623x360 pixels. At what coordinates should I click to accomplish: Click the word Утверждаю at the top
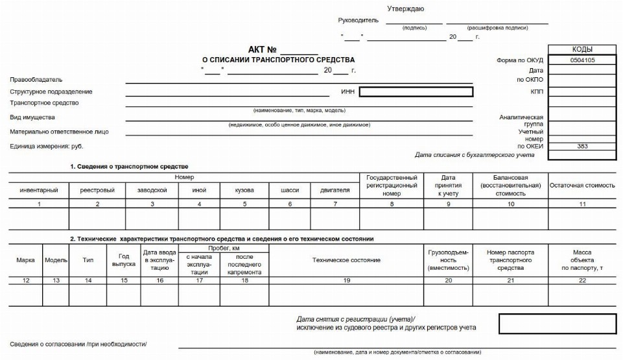[x=406, y=8]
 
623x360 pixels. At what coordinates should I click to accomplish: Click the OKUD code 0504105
[x=582, y=60]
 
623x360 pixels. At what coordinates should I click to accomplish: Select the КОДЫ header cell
[x=582, y=49]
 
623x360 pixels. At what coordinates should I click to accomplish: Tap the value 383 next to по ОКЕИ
[x=582, y=147]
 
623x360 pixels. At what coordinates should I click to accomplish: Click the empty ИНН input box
[x=416, y=92]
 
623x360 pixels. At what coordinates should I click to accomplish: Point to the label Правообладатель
[x=36, y=80]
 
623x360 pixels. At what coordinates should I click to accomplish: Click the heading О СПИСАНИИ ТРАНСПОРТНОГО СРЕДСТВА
[x=279, y=60]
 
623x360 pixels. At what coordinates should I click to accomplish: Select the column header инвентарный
[x=40, y=190]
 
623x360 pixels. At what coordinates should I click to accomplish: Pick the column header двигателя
[x=335, y=190]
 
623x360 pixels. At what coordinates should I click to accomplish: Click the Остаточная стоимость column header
[x=582, y=186]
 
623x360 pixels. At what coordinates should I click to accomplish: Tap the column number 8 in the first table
[x=392, y=204]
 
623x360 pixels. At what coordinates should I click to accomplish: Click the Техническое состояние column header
[x=346, y=260]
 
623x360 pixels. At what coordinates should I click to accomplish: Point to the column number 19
[x=346, y=280]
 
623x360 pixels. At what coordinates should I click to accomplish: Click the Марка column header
[x=25, y=260]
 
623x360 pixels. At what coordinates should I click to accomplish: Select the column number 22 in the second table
[x=582, y=280]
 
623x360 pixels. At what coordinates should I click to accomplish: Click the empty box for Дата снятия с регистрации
[x=557, y=324]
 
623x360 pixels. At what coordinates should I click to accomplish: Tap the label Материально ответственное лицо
[x=59, y=132]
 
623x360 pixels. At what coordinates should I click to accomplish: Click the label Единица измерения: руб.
[x=47, y=147]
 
